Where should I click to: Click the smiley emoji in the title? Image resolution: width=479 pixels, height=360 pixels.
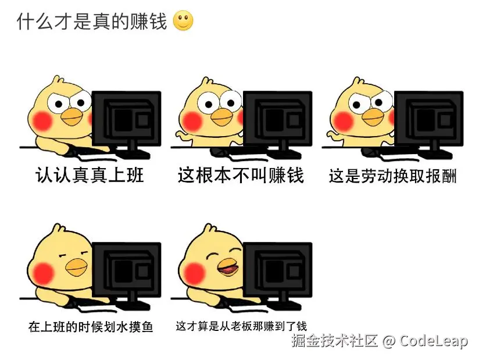coord(183,22)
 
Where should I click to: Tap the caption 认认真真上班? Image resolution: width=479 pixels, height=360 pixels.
coord(90,175)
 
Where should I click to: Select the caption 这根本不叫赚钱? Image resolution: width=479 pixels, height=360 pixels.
coord(241,175)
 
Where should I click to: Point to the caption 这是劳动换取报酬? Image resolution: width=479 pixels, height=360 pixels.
coord(392,176)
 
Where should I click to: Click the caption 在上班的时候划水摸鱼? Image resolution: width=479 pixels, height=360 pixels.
coord(91,327)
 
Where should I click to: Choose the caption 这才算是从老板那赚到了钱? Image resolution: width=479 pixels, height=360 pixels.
coord(241,326)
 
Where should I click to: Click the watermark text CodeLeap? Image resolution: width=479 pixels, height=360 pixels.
coord(434,341)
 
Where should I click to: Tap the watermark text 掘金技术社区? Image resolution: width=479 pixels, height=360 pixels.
coord(335,341)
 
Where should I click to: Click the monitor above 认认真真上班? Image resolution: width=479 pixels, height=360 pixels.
coord(126,119)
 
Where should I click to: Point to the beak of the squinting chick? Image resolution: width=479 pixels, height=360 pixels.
coord(76,267)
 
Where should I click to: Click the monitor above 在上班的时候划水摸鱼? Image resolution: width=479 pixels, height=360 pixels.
coord(126,270)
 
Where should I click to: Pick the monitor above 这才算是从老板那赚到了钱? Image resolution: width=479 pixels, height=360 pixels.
coord(277,270)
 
